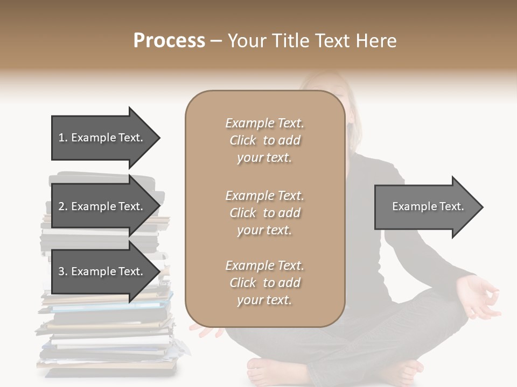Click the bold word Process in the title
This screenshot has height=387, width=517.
[x=169, y=41]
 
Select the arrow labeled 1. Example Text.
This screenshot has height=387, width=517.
[x=102, y=138]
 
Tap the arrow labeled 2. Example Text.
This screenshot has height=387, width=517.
[x=102, y=206]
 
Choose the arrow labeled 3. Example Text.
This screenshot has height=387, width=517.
[x=102, y=271]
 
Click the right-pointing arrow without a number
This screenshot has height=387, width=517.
[x=425, y=207]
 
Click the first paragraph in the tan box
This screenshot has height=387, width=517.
[x=265, y=140]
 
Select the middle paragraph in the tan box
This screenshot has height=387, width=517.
[x=265, y=213]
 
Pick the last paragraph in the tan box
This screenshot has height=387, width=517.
[x=265, y=283]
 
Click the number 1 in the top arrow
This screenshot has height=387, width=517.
[x=61, y=138]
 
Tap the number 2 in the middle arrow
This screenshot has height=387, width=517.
[x=61, y=206]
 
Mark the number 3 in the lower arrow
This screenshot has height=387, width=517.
[x=61, y=271]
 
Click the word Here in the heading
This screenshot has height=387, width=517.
[x=376, y=41]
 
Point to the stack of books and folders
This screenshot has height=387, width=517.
[x=108, y=322]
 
